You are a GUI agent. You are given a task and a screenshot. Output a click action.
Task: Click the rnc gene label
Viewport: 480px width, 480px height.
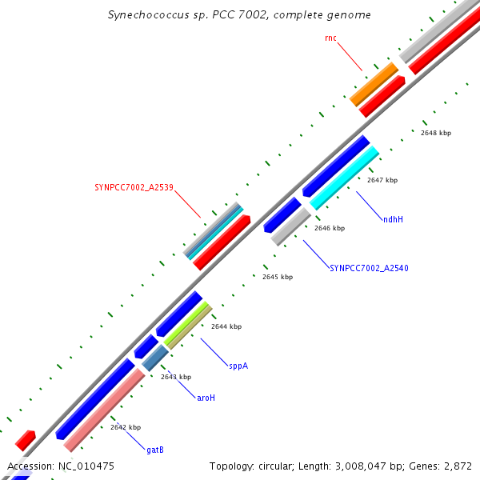coord(330,38)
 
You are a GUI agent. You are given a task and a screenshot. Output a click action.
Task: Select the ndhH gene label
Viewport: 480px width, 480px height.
coord(393,219)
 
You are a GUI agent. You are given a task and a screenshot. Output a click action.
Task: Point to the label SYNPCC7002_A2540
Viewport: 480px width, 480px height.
coord(369,269)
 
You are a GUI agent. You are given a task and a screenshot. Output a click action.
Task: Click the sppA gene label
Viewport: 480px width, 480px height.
coord(238,366)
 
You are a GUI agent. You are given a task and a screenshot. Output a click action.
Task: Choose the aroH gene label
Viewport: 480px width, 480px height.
coord(206,398)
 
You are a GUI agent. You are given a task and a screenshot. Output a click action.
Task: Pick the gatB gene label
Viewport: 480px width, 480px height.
coord(155,450)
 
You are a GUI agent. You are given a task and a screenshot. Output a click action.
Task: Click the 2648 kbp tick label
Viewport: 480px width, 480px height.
coord(436,133)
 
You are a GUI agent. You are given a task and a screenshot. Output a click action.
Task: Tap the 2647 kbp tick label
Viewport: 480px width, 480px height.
coord(382,181)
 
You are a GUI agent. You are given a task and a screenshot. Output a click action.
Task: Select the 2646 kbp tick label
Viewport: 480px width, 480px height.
coord(330,229)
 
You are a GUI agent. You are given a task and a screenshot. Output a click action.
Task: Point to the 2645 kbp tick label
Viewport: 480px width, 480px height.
coord(278,277)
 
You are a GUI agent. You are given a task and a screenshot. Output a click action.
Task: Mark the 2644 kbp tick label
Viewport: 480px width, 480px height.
coord(226,326)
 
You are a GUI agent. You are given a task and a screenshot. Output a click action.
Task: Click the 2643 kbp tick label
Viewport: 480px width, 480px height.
coord(176,377)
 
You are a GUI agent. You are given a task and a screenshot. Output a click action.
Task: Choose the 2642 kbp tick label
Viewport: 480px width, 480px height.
coord(126,427)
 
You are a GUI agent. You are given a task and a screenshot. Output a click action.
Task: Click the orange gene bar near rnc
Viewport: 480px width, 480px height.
coord(374,84)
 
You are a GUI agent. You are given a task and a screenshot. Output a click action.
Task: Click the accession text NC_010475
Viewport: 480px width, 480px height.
coord(85,466)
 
